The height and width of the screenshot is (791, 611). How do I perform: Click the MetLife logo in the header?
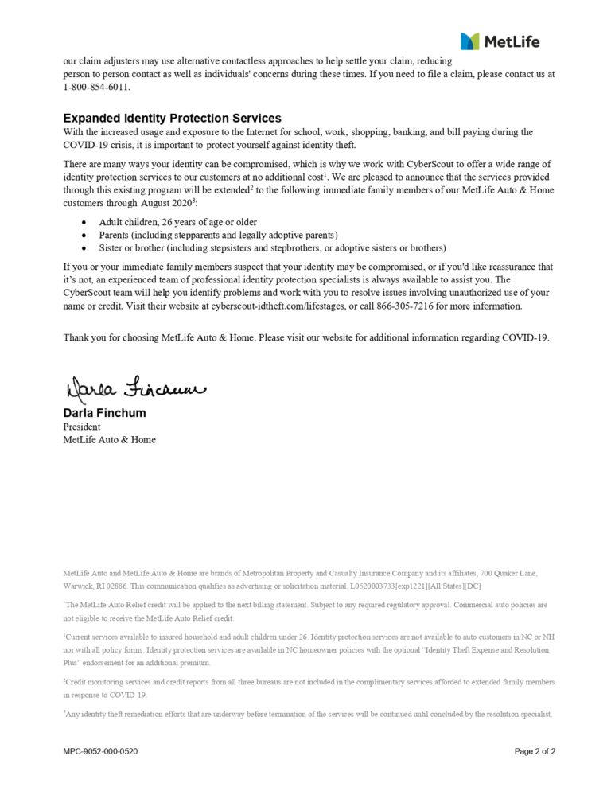coord(499,41)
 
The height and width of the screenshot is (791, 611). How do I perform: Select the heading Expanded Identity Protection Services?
coord(172,118)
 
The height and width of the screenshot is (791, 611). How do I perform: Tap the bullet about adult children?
coord(177,222)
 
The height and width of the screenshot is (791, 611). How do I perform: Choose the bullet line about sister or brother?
coord(272,247)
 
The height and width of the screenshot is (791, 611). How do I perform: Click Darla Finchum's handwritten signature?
coord(134,389)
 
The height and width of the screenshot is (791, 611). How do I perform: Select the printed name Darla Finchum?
coord(104,414)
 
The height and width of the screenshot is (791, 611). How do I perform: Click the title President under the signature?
coord(82,427)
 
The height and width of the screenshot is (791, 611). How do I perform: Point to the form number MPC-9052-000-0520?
coord(100,751)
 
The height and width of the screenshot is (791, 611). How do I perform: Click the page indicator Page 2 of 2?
coord(535,751)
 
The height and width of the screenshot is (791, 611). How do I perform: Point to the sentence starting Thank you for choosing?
coord(306,337)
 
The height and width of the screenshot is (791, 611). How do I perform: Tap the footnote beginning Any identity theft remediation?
coord(309,714)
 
